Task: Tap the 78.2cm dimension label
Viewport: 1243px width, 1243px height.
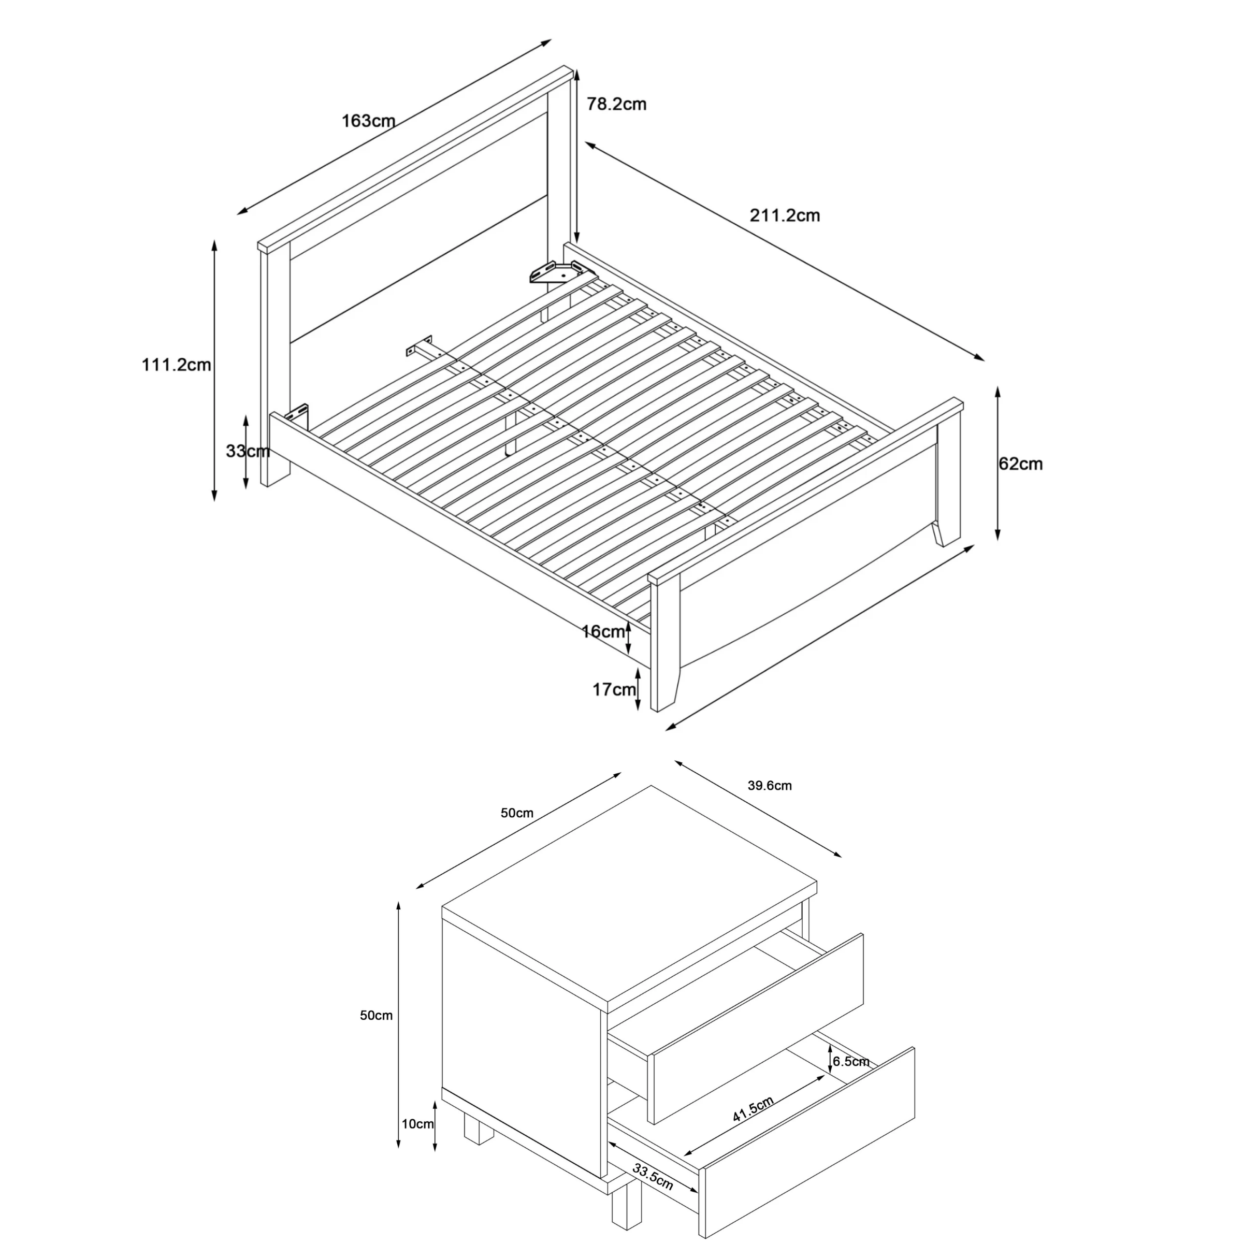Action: click(x=616, y=104)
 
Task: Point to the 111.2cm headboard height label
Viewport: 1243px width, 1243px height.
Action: click(x=176, y=365)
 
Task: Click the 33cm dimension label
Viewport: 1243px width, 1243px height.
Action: click(x=248, y=451)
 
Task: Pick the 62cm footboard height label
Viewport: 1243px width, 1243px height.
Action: click(x=1020, y=463)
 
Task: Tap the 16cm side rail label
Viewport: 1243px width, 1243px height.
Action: click(x=603, y=632)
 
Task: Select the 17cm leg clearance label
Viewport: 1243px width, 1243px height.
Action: click(x=614, y=690)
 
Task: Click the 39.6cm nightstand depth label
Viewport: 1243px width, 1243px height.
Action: click(x=770, y=786)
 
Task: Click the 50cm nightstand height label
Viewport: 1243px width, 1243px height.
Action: click(x=375, y=1015)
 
